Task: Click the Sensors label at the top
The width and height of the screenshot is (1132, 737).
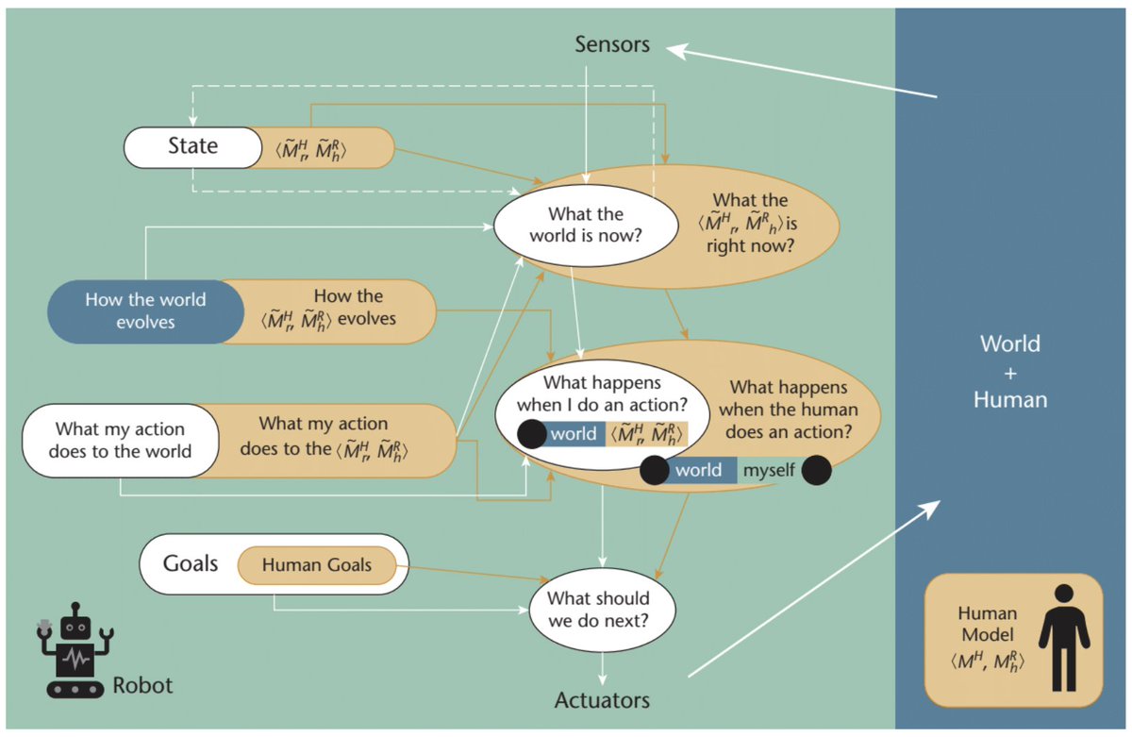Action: pyautogui.click(x=612, y=44)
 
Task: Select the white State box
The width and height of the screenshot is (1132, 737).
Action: pyautogui.click(x=192, y=146)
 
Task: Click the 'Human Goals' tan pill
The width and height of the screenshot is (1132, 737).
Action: pyautogui.click(x=317, y=565)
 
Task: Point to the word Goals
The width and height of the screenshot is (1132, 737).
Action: pyautogui.click(x=191, y=564)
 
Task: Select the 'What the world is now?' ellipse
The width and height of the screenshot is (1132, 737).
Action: pyautogui.click(x=584, y=225)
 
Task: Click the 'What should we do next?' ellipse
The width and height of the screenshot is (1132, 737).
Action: pyautogui.click(x=599, y=610)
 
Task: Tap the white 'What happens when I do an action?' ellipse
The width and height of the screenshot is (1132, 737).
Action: pyautogui.click(x=600, y=395)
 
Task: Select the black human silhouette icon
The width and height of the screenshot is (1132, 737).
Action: pyautogui.click(x=1062, y=638)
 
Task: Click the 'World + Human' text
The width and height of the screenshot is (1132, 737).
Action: pyautogui.click(x=1010, y=371)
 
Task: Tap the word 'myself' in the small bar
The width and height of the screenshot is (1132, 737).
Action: pyautogui.click(x=768, y=470)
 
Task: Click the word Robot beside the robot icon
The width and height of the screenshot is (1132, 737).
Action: pyautogui.click(x=142, y=684)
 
